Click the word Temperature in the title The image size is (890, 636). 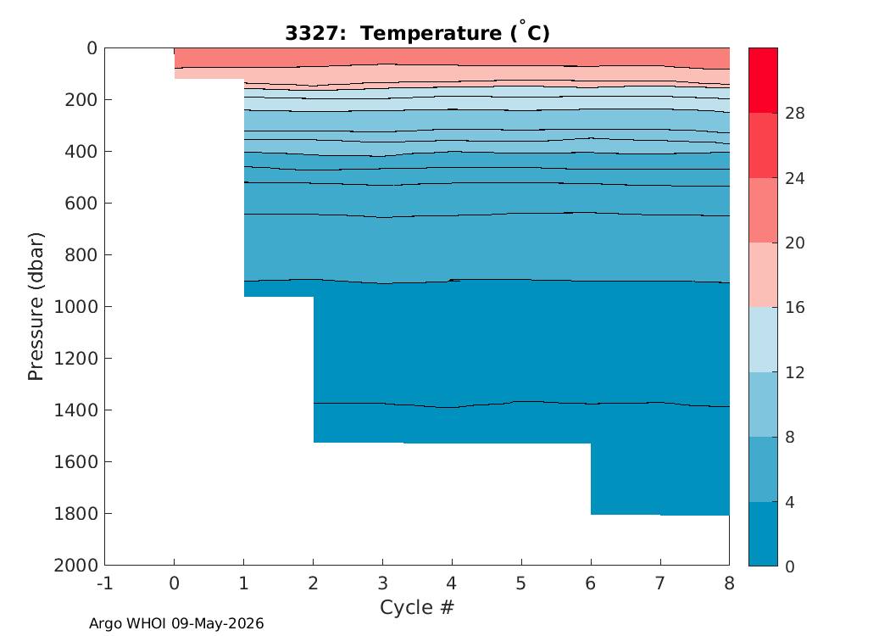(431, 34)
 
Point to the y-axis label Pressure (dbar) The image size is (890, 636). (36, 307)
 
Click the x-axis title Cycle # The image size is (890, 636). (417, 607)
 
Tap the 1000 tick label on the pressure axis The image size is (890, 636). (75, 307)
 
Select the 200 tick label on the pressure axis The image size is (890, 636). (81, 100)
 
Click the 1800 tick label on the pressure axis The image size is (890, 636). (75, 513)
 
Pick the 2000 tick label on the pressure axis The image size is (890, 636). (75, 565)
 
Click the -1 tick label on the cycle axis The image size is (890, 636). (105, 583)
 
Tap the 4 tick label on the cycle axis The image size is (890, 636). (452, 583)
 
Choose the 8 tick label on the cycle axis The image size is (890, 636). (729, 583)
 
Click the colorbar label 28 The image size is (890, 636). (795, 114)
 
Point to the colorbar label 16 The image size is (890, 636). (795, 308)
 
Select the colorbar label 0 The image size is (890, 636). (789, 566)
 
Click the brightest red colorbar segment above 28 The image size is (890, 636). (763, 81)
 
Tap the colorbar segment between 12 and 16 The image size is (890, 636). (763, 339)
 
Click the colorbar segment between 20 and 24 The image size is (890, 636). (763, 210)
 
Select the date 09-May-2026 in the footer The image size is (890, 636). (217, 623)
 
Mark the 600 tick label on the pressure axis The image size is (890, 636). (81, 204)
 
